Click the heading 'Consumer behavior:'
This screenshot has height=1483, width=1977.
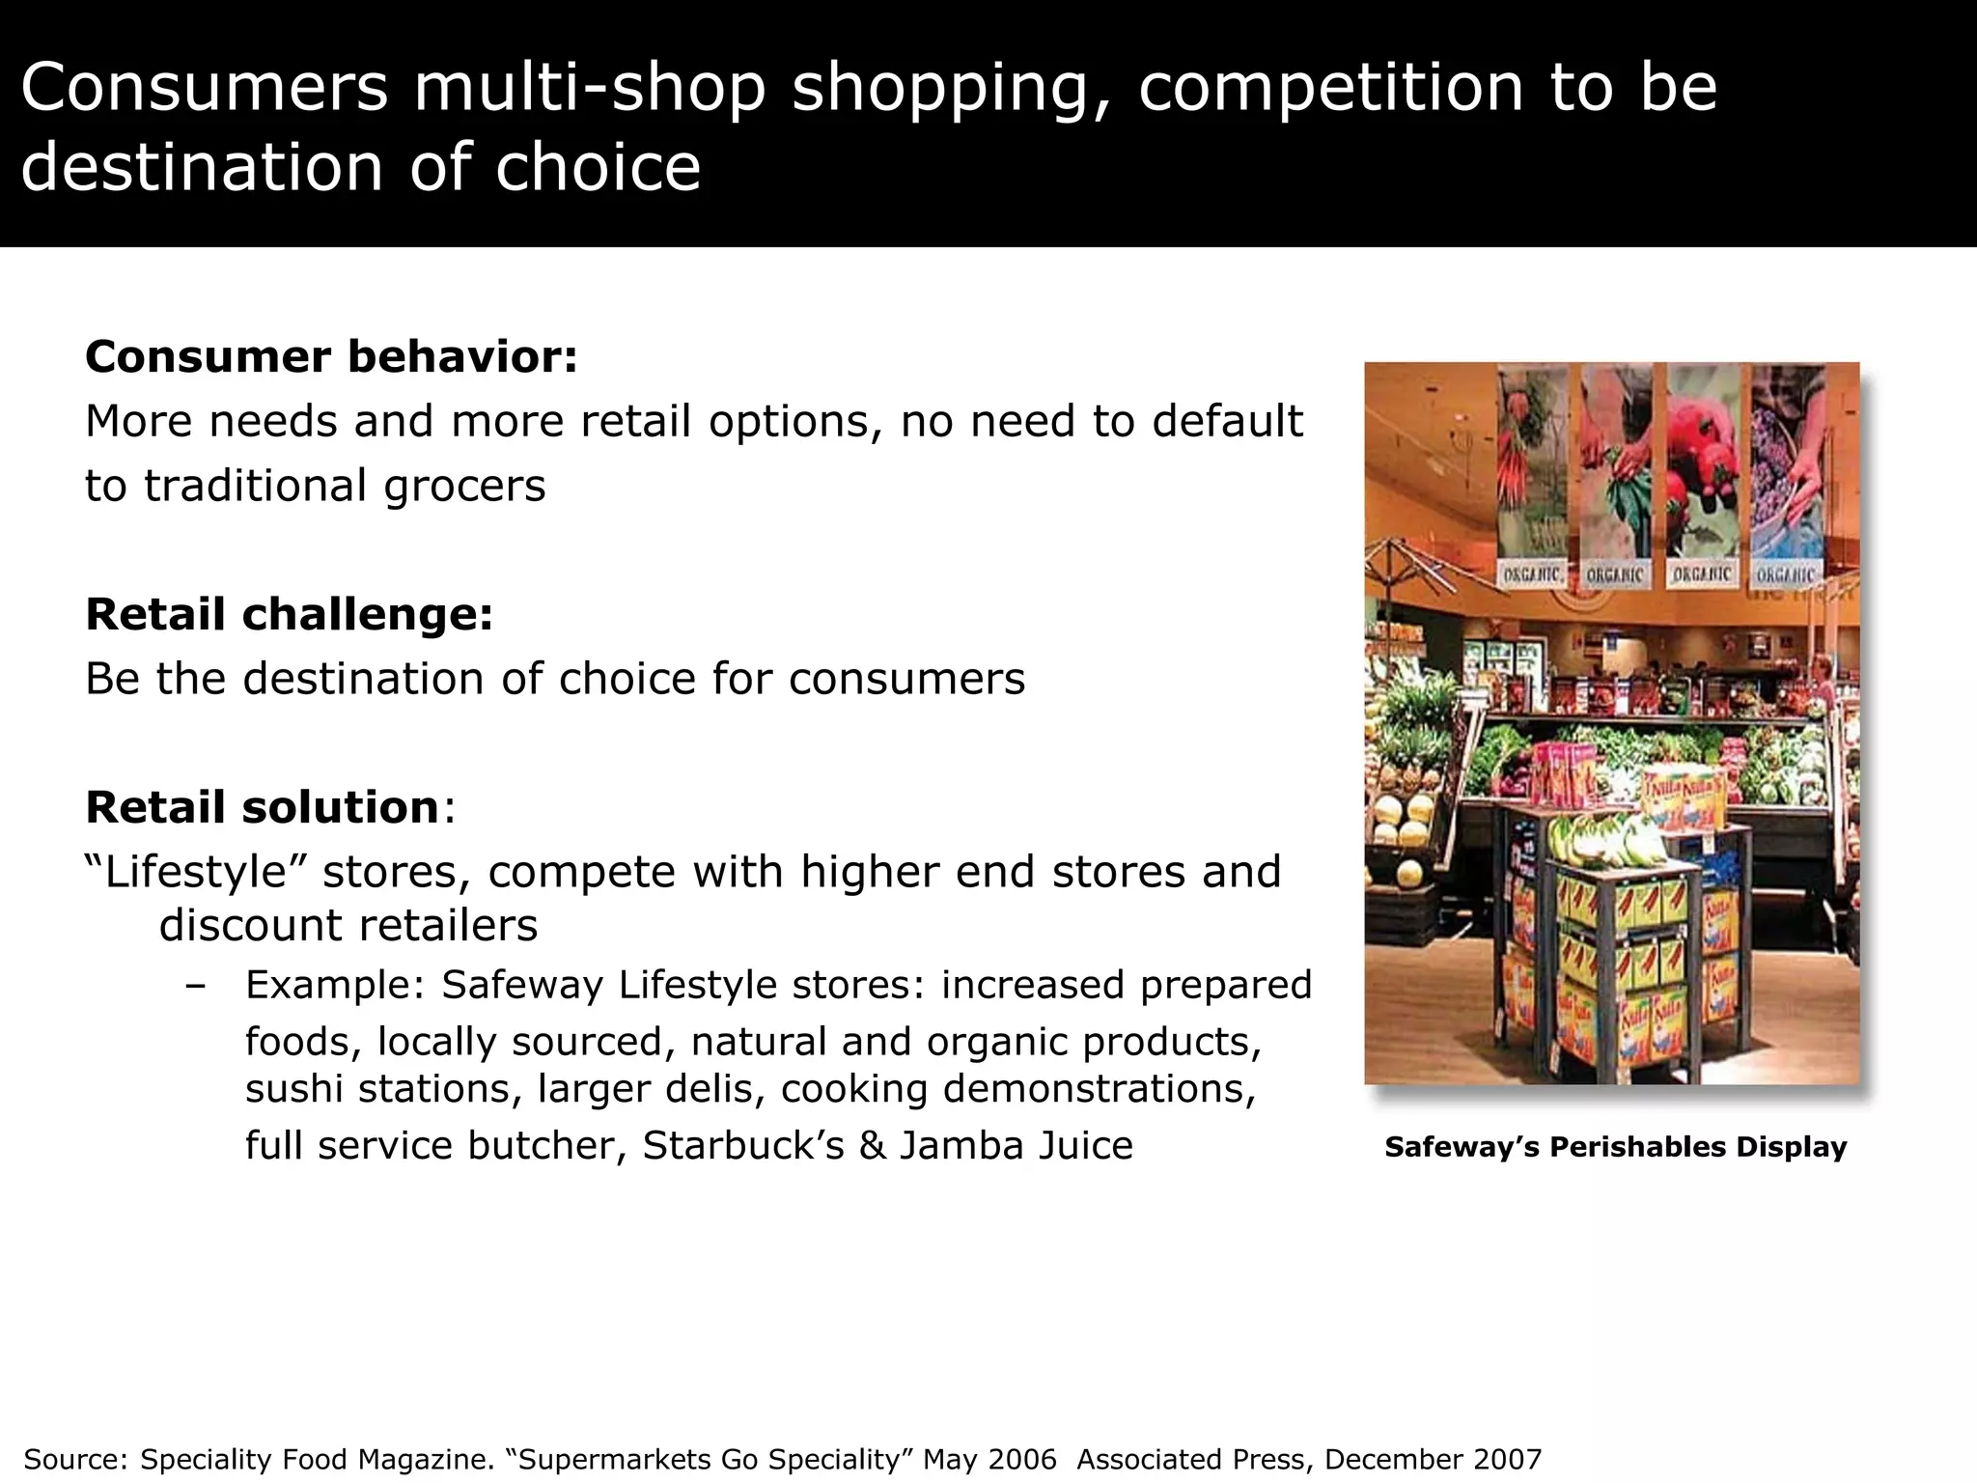tap(331, 357)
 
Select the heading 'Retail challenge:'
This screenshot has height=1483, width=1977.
tap(289, 615)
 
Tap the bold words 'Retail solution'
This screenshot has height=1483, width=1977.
tap(262, 807)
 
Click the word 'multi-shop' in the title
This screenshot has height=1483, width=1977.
tap(590, 87)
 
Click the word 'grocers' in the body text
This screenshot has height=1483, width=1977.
tap(464, 486)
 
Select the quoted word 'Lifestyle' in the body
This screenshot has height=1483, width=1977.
tap(196, 872)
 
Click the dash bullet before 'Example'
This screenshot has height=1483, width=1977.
tap(196, 986)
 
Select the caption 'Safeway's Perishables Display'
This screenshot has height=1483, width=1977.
tap(1615, 1147)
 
